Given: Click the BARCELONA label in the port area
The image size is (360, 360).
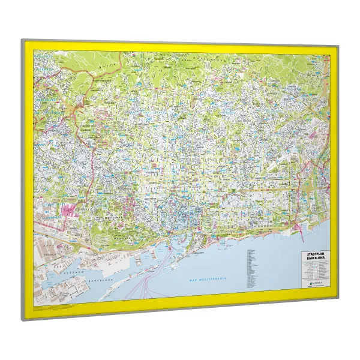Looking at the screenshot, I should [x=99, y=280].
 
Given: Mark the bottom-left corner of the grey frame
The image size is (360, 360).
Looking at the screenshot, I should [x=24, y=319].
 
